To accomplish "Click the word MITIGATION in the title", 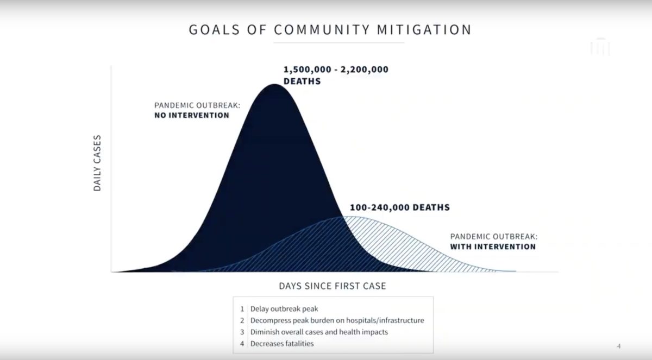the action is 424,30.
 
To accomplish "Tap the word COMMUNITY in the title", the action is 322,30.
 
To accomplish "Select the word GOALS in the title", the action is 214,30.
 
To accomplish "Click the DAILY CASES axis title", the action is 97,163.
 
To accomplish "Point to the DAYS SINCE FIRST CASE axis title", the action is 333,286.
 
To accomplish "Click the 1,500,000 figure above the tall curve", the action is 308,70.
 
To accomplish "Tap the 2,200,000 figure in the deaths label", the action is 365,70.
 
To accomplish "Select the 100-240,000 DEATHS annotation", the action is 400,207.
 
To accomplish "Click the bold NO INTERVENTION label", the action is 192,115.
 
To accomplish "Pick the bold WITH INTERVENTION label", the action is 493,247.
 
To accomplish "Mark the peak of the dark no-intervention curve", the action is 274,84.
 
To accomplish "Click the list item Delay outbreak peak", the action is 284,309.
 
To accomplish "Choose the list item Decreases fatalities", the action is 282,344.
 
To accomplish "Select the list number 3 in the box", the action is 242,332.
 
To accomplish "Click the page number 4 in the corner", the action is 619,346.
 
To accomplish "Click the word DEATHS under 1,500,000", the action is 302,81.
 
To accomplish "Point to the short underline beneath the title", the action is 339,43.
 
